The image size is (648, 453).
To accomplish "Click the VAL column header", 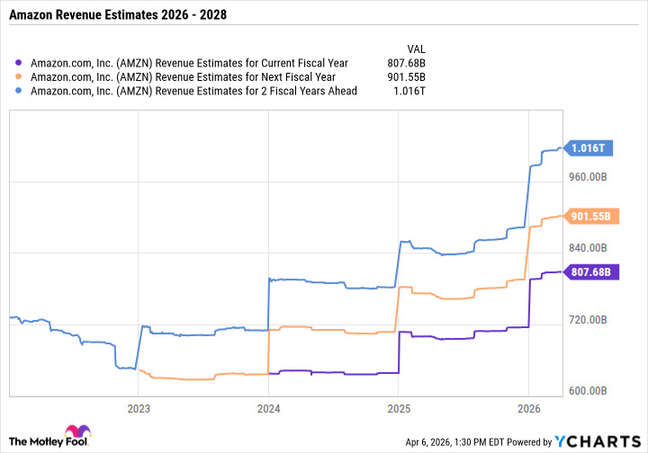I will tap(418, 49).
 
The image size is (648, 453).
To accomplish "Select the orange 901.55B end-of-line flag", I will tap(591, 216).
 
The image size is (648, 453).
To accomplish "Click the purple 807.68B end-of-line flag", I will tap(591, 271).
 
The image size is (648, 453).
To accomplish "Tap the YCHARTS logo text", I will tap(609, 441).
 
